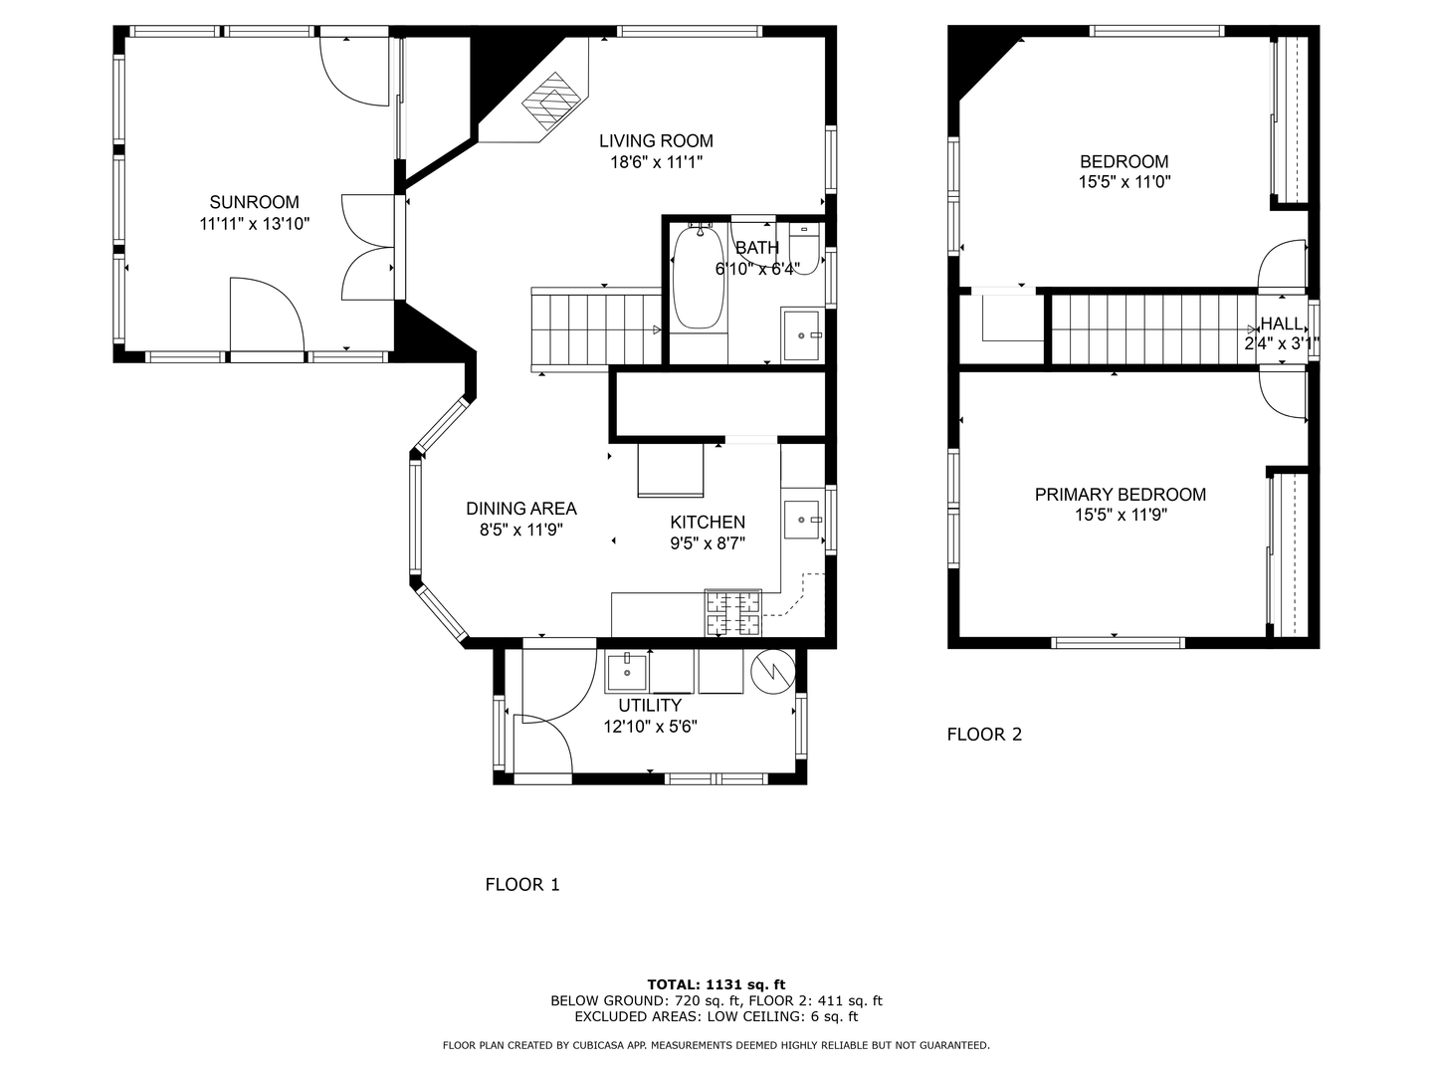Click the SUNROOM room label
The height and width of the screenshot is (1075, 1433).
coord(254,202)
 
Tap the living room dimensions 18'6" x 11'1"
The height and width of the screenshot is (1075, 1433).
coord(656,162)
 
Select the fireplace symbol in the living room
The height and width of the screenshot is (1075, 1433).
coord(551,100)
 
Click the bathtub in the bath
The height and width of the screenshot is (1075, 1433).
coord(699,278)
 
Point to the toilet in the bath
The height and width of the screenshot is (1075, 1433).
coord(804,249)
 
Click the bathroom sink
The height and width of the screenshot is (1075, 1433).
coord(802,333)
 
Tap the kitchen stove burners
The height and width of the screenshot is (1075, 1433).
coord(733,613)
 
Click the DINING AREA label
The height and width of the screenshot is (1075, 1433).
coord(521,509)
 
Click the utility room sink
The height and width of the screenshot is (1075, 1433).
coord(627,671)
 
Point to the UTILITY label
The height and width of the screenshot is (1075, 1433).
coord(650,706)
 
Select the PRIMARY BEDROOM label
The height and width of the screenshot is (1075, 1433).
coord(1120,495)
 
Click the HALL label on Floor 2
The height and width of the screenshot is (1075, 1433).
coord(1281,323)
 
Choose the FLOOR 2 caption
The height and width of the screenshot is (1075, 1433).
coord(983,735)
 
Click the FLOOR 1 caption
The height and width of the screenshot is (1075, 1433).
coord(521,884)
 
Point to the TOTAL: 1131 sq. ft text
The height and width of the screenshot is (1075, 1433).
coord(716,984)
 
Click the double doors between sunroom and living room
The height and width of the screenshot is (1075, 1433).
coord(368,247)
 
